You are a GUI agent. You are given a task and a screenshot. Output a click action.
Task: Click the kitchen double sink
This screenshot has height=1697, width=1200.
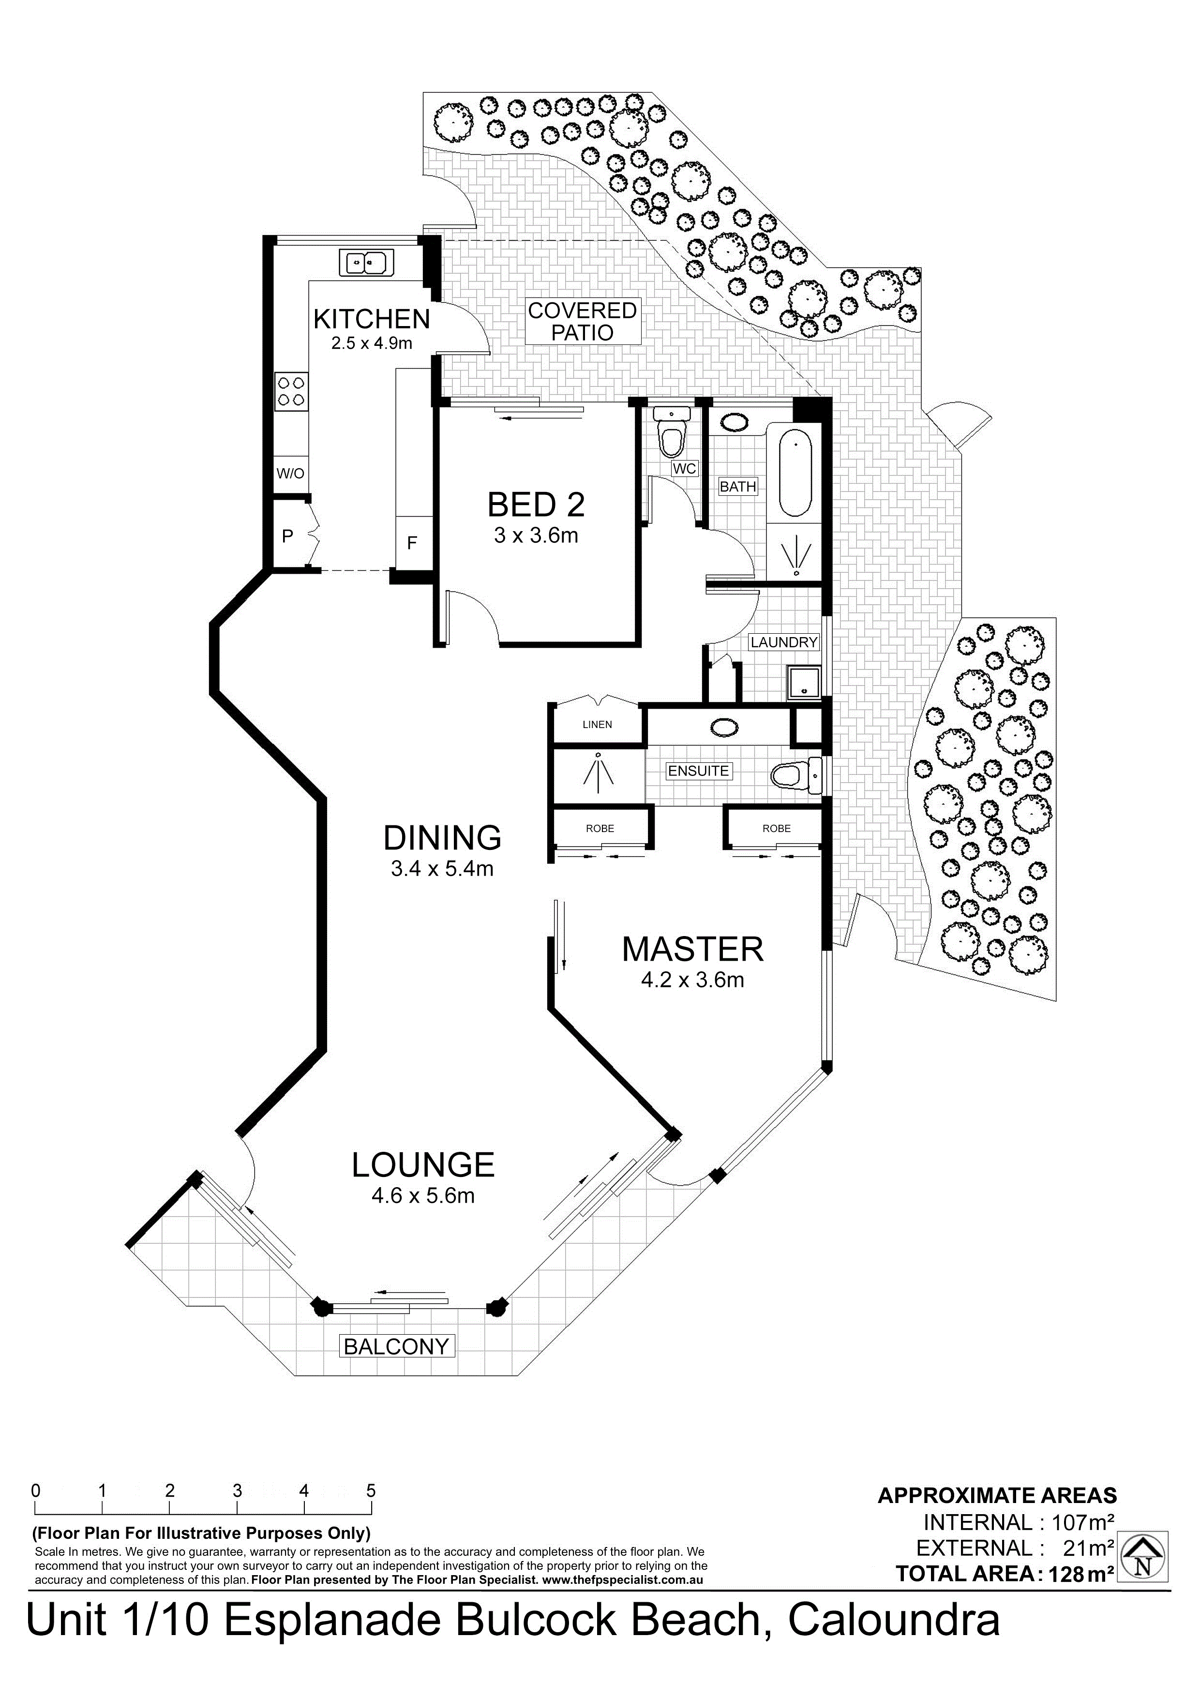pyautogui.click(x=367, y=262)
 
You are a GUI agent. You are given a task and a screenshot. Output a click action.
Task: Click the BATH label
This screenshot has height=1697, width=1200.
pyautogui.click(x=738, y=486)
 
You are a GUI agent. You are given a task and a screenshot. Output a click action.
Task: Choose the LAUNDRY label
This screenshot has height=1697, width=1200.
pyautogui.click(x=784, y=642)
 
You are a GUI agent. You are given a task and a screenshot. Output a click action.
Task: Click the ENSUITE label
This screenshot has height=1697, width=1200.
pyautogui.click(x=698, y=771)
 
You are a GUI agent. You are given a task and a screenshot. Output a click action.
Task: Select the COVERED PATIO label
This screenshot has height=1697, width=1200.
pyautogui.click(x=582, y=322)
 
